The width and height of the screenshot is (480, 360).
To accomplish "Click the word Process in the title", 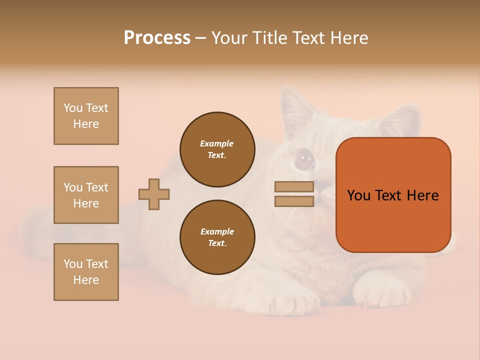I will point(157,37).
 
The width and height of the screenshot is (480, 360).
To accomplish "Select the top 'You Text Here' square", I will point(86,116).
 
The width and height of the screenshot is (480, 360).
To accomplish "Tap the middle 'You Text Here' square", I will point(86,195).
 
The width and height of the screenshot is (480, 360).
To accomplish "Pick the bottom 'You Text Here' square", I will point(86,272).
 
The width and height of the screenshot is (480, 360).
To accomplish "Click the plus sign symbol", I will point(154,194).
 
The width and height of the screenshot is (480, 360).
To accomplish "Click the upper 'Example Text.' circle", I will point(217,149).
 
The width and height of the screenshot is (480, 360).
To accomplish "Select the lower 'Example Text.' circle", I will point(217,237).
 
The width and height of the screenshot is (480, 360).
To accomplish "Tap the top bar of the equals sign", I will point(294,186).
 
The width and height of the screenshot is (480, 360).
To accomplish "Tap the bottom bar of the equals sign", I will point(294,201).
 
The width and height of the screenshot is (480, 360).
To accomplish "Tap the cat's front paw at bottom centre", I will point(295,300).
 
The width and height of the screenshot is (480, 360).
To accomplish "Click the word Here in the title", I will point(348,37).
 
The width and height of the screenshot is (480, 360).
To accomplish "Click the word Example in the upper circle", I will point(216,143).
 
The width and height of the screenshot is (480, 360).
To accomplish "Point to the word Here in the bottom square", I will point(86,280).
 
